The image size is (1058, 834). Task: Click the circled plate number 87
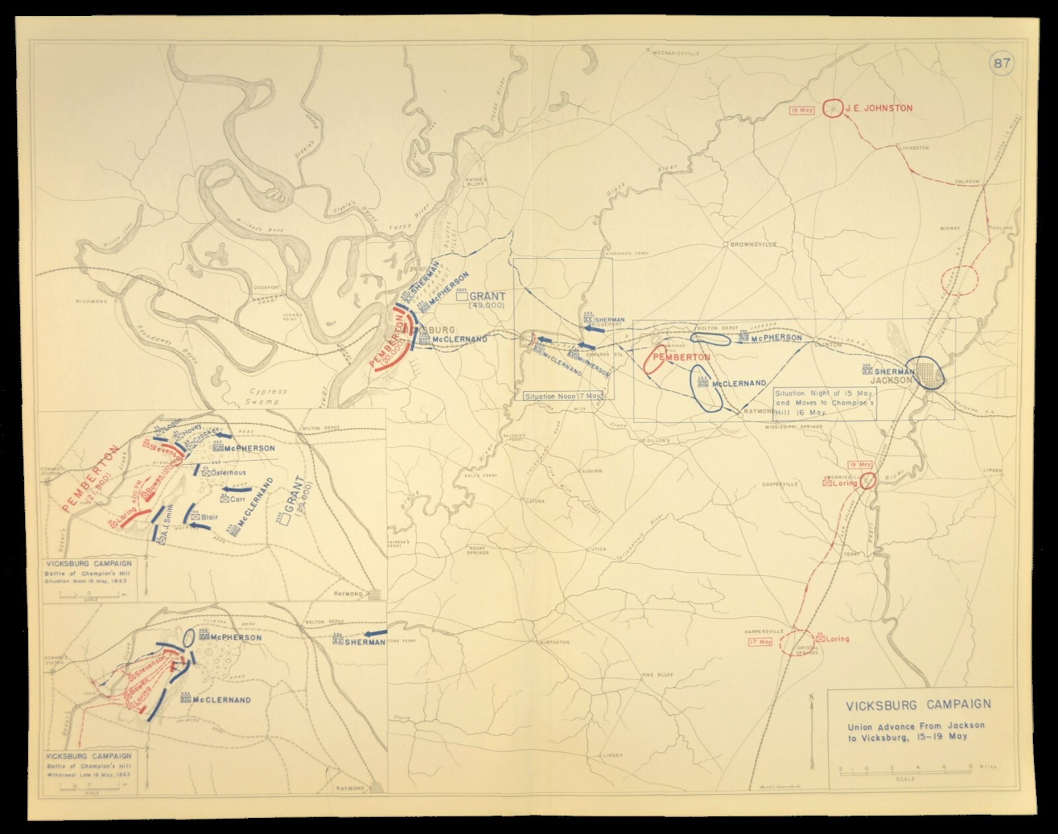click(x=1001, y=64)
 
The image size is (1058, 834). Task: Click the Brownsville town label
click(x=751, y=245)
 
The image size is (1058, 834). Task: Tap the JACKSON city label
click(x=891, y=381)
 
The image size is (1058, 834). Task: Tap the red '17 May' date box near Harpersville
click(x=760, y=642)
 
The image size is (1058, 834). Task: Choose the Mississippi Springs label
click(x=793, y=427)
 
